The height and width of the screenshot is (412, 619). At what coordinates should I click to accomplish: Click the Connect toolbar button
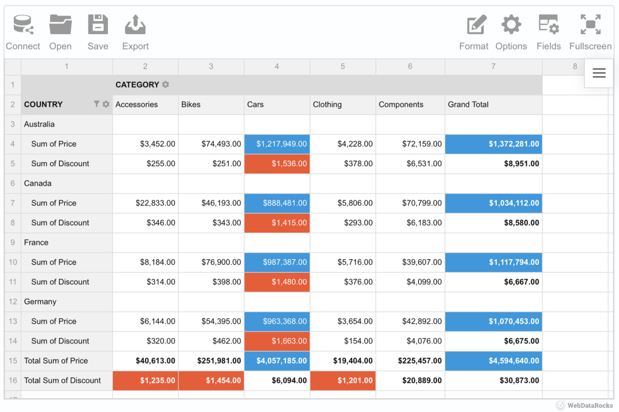(x=23, y=32)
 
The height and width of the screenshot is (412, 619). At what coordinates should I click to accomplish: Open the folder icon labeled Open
(x=60, y=32)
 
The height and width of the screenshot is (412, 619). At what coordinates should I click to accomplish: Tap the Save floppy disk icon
(x=97, y=32)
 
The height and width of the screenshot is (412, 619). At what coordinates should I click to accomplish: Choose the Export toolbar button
(x=135, y=32)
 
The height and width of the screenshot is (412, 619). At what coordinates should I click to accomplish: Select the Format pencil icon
(x=474, y=32)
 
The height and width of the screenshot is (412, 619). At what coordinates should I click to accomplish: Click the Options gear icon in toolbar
(x=511, y=32)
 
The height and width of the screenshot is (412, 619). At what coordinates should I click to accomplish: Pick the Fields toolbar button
(x=548, y=32)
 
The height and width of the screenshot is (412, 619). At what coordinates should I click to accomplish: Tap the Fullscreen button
(x=590, y=32)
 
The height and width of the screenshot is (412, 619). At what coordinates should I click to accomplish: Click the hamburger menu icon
(x=599, y=73)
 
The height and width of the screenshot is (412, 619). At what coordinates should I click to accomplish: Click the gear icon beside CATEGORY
(x=166, y=84)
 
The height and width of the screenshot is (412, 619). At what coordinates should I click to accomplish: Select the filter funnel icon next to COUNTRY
(x=96, y=104)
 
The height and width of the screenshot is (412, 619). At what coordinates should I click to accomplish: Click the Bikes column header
(x=191, y=105)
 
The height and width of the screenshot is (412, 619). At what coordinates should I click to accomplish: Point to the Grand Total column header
(x=468, y=105)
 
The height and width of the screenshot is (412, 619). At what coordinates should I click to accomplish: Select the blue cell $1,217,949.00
(x=277, y=144)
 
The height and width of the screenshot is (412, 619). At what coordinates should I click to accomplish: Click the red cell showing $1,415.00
(x=277, y=223)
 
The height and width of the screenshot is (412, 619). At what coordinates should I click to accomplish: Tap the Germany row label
(x=40, y=302)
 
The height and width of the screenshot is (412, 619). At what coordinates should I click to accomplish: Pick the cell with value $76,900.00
(x=211, y=262)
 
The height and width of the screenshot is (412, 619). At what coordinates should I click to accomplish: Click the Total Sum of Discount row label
(x=62, y=381)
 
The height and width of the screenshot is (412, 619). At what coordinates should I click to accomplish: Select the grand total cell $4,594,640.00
(x=493, y=361)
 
